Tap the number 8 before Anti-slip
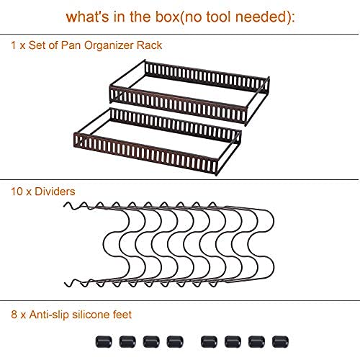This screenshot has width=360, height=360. [x=14, y=314]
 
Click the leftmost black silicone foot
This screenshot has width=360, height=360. [x=100, y=340]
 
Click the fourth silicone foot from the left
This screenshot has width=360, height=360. [x=173, y=340]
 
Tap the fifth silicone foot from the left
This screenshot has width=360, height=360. [x=208, y=340]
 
